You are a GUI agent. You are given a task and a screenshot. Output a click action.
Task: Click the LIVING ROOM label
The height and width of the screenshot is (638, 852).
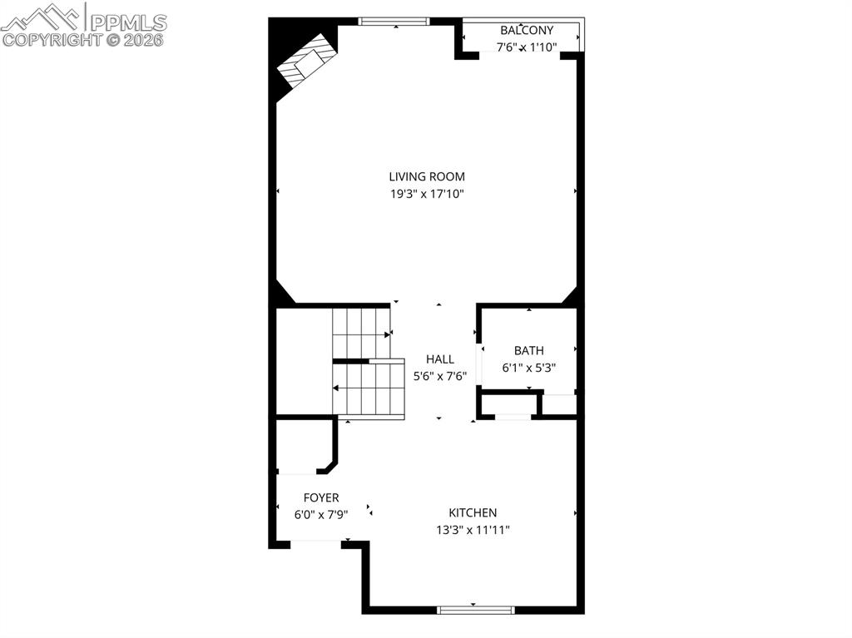(427, 176)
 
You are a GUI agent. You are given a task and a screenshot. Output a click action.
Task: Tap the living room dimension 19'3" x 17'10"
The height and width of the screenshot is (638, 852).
(427, 194)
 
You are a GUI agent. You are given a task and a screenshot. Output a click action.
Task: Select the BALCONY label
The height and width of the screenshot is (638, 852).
(527, 31)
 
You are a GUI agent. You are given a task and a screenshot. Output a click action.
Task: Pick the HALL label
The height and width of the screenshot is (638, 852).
(440, 359)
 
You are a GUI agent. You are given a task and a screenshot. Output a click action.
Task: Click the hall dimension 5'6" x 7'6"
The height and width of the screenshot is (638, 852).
(440, 376)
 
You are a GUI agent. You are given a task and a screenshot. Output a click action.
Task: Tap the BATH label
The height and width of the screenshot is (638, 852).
(528, 351)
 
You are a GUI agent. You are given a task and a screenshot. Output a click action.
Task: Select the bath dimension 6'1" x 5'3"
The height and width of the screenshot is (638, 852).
(528, 367)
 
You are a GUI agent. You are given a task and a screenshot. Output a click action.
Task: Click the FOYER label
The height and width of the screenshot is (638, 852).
(321, 498)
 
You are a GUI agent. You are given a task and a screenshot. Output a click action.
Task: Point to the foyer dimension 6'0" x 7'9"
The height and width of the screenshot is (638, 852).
(321, 515)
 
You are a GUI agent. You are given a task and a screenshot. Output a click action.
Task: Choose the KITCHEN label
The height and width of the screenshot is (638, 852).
(473, 513)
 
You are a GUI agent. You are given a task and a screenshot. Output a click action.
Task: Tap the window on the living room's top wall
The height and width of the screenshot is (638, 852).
(394, 22)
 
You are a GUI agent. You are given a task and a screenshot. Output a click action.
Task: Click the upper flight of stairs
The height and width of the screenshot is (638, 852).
(361, 333)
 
